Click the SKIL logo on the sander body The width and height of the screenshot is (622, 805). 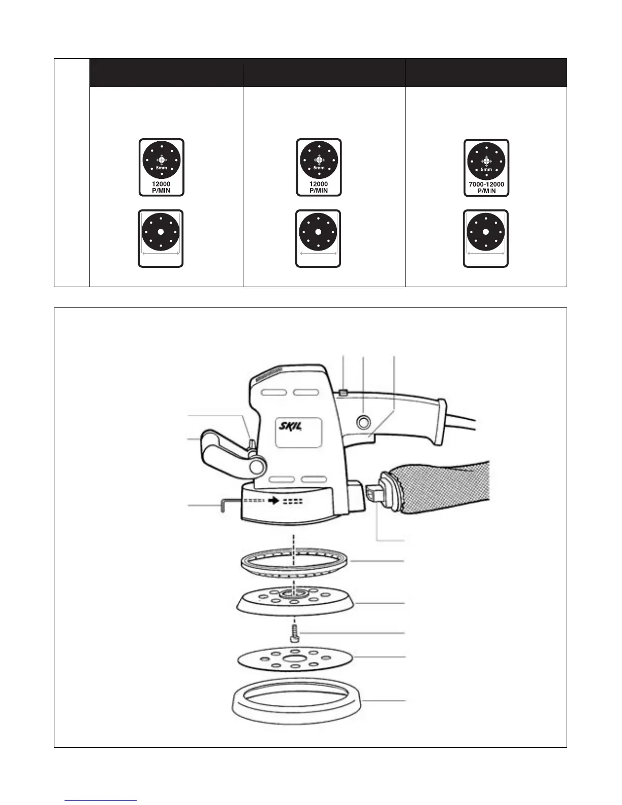click(x=288, y=426)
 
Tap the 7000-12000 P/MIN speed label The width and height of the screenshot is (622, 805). click(x=486, y=187)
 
